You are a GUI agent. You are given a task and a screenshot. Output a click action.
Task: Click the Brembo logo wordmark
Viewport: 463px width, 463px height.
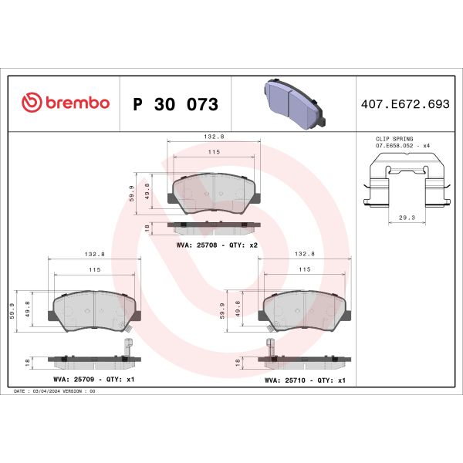66,103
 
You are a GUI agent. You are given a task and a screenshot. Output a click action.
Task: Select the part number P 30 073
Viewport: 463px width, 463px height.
175,104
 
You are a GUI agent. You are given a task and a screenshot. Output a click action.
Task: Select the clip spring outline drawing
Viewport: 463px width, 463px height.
406,181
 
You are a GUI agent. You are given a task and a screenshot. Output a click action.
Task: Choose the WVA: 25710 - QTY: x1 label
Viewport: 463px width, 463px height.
305,380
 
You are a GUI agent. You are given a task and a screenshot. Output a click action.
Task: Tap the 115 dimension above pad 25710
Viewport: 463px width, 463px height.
305,269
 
